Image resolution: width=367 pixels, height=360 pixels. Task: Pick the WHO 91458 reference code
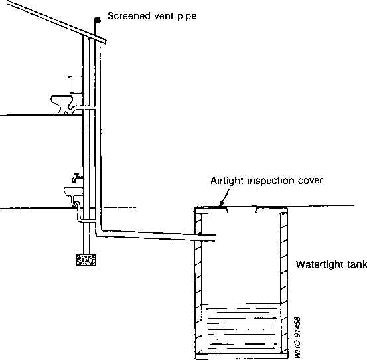coord(297,337)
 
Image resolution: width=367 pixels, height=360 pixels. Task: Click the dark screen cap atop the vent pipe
coord(98,20)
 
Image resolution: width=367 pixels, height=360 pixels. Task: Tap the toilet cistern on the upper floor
coord(76,84)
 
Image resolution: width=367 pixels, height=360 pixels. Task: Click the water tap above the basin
coord(77,178)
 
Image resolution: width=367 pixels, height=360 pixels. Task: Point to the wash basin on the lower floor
coord(73,191)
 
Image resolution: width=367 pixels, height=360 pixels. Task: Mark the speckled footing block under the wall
coord(86,260)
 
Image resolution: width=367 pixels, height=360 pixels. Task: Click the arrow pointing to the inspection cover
coord(224,197)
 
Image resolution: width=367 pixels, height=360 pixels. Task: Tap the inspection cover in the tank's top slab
coord(242,209)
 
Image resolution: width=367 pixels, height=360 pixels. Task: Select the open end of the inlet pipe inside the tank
coord(215,238)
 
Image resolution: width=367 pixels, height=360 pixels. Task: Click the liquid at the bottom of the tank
coord(241,328)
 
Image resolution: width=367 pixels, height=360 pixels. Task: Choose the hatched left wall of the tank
coord(198,283)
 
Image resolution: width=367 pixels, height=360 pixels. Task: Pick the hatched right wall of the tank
coord(284,283)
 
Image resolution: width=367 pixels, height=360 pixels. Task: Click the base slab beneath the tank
coord(242,356)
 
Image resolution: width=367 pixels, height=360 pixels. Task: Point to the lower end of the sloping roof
coord(106,42)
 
